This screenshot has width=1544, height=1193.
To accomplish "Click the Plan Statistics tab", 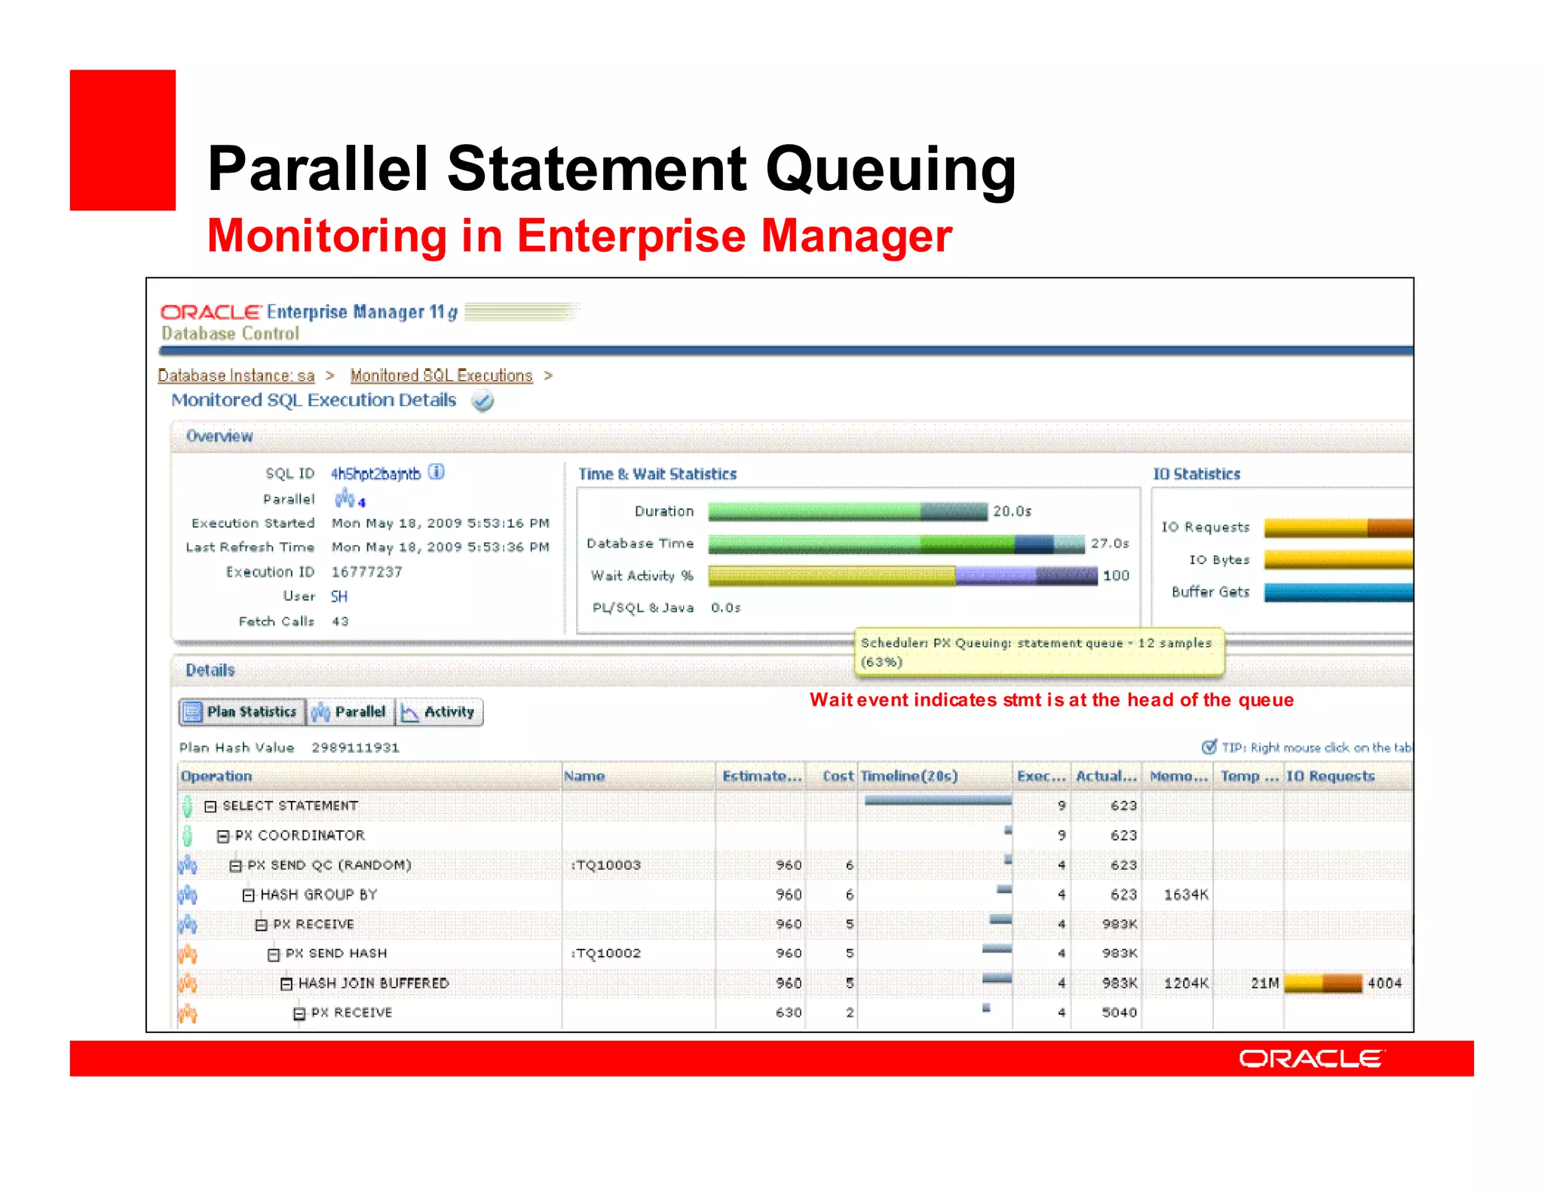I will pos(243,712).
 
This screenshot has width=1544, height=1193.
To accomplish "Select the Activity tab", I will pos(440,712).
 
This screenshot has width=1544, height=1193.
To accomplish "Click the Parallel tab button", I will pos(351,712).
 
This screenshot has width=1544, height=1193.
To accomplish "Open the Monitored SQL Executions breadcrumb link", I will pos(441,376).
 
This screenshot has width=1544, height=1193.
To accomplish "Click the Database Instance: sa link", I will pos(236,376).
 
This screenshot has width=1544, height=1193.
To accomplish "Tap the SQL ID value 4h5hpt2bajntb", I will pos(375,474).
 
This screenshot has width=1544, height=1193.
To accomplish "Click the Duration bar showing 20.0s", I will pos(847,511).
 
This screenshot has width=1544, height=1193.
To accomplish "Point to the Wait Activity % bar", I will pos(902,576).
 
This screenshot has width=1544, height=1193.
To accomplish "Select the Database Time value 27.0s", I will pos(1110,544).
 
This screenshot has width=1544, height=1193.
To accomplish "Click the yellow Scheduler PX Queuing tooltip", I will pos(1039,652).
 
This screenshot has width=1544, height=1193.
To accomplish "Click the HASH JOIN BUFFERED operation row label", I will pos(373,983).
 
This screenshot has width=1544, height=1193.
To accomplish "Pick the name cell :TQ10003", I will pos(606,865).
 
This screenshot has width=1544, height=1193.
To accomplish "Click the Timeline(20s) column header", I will pos(909,776).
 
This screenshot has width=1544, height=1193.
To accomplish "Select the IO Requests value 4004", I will pos(1384,983).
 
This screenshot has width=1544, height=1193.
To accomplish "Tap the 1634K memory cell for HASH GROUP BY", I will pos(1185,894).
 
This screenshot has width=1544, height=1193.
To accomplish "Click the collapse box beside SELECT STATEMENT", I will pos(210,806).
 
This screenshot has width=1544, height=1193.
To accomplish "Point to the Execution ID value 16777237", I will pos(366,572).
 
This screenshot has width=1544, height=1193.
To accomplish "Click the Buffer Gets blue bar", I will pos(1337,593).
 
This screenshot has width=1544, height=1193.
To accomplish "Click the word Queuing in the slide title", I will pos(890,169).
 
